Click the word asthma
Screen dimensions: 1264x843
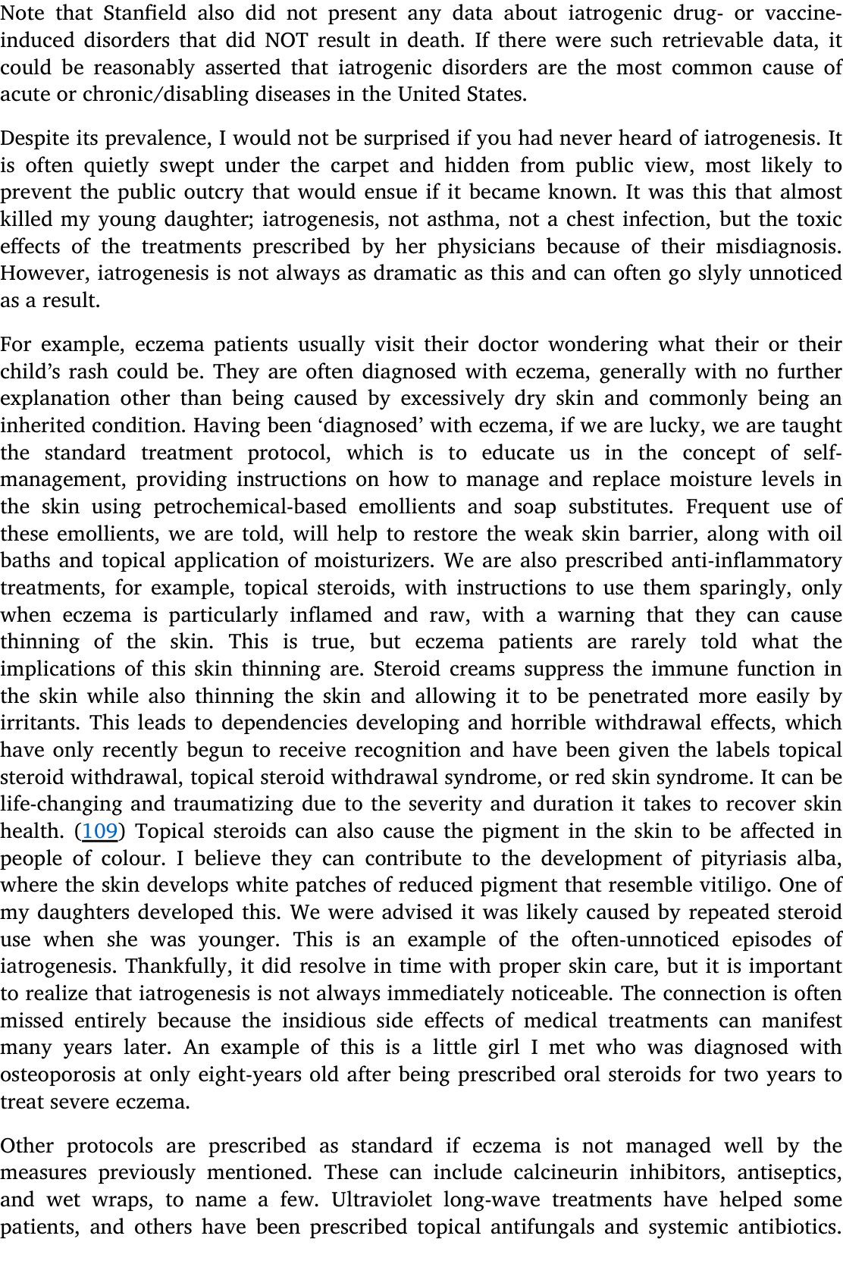tap(462, 219)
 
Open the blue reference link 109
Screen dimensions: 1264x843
tap(99, 831)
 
